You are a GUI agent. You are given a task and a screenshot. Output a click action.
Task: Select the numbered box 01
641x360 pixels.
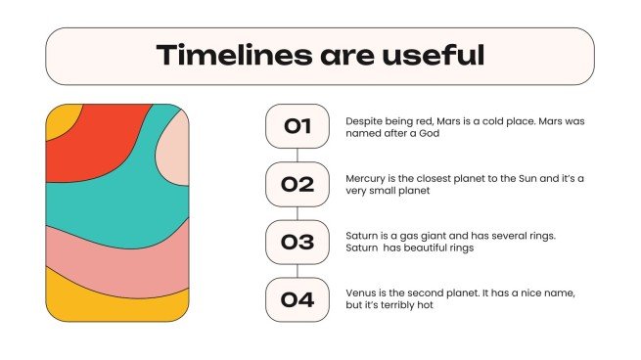pos(297,126)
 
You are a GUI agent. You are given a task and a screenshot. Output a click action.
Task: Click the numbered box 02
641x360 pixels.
pos(297,184)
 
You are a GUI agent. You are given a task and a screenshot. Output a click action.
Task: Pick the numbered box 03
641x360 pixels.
pos(297,242)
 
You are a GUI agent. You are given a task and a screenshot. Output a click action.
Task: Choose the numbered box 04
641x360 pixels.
pos(297,299)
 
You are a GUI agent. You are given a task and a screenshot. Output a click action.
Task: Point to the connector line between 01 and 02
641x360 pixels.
pos(297,155)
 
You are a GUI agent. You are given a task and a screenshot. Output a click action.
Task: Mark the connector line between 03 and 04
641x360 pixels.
pos(297,271)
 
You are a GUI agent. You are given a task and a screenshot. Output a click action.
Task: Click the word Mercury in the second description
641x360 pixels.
pos(365,178)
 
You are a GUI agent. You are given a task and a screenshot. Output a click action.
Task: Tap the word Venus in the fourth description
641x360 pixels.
pos(361,292)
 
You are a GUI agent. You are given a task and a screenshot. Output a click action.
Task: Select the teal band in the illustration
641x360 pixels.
pos(108,201)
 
